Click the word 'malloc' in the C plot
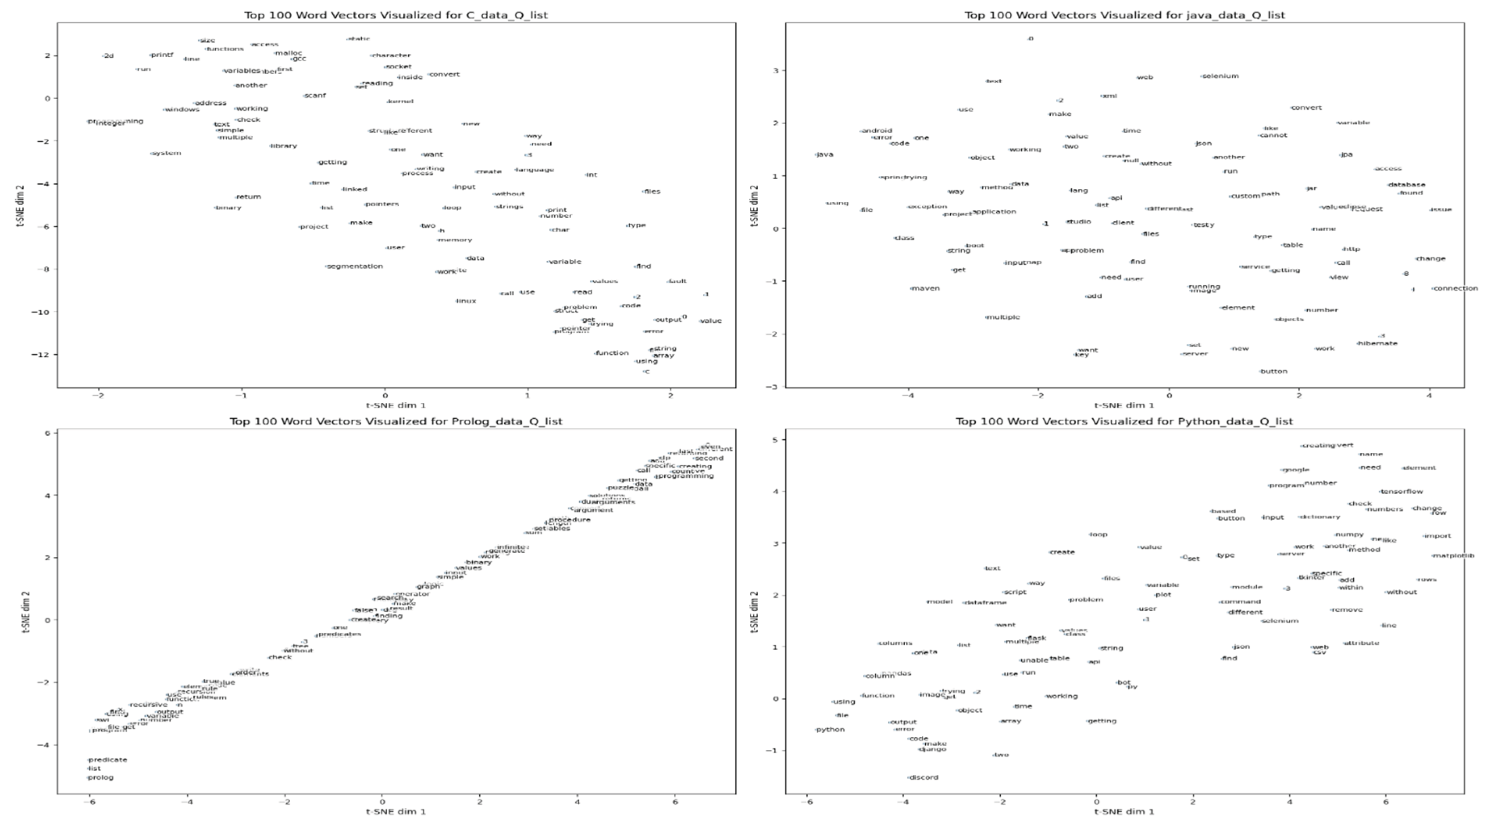click(x=288, y=53)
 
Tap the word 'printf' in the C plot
click(x=162, y=55)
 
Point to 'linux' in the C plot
click(x=466, y=301)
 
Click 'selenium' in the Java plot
click(x=1220, y=76)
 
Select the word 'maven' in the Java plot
click(x=926, y=289)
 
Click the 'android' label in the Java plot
click(x=877, y=131)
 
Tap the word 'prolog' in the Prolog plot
click(x=101, y=778)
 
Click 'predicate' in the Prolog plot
click(x=108, y=759)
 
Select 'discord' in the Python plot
click(x=923, y=778)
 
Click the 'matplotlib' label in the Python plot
click(x=1453, y=556)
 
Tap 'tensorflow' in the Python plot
click(x=1402, y=491)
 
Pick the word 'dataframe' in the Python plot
click(x=985, y=603)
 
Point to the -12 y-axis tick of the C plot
click(x=42, y=355)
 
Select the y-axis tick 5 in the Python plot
click(x=774, y=440)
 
